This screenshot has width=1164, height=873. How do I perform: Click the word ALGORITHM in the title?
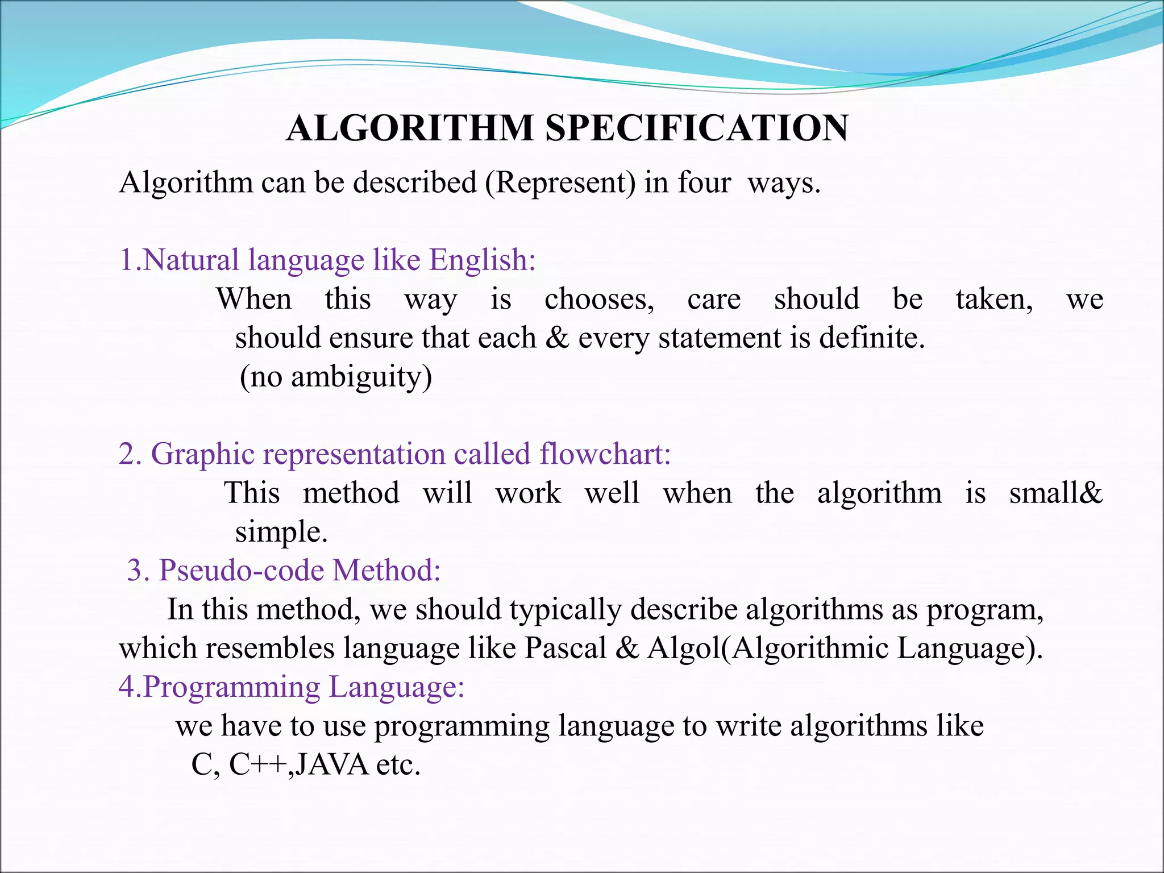pyautogui.click(x=409, y=128)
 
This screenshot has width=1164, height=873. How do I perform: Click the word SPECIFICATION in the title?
pyautogui.click(x=697, y=128)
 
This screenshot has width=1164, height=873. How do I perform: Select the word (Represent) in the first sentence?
pyautogui.click(x=560, y=184)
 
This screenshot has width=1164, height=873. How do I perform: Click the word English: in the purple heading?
pyautogui.click(x=482, y=260)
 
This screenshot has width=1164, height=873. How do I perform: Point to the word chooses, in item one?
pyautogui.click(x=599, y=300)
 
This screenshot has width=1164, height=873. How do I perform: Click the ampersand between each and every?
pyautogui.click(x=557, y=338)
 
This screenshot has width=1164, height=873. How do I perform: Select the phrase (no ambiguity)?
pyautogui.click(x=336, y=377)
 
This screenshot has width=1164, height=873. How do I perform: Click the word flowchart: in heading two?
pyautogui.click(x=605, y=454)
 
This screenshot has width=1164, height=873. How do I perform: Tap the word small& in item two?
pyautogui.click(x=1055, y=493)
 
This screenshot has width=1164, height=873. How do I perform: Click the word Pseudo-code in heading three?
pyautogui.click(x=241, y=570)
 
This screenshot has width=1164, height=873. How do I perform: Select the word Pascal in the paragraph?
pyautogui.click(x=565, y=648)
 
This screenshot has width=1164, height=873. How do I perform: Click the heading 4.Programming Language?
pyautogui.click(x=292, y=687)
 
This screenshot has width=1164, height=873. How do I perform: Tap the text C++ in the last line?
pyautogui.click(x=257, y=765)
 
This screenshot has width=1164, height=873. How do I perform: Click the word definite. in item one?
pyautogui.click(x=872, y=338)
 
